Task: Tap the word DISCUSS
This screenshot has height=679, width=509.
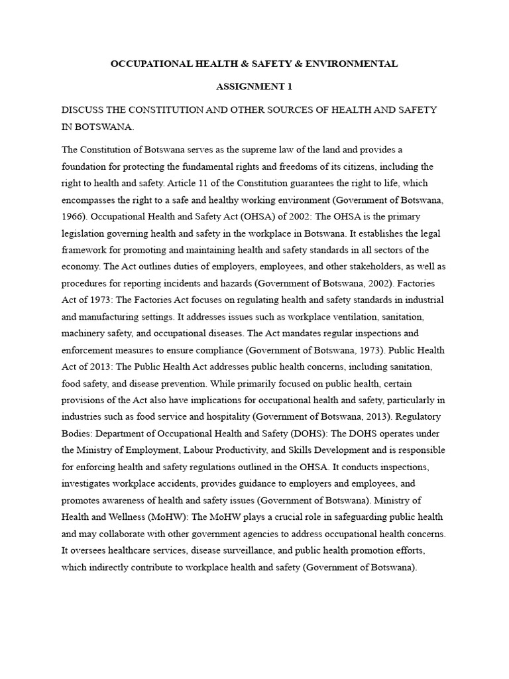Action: tap(83, 110)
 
